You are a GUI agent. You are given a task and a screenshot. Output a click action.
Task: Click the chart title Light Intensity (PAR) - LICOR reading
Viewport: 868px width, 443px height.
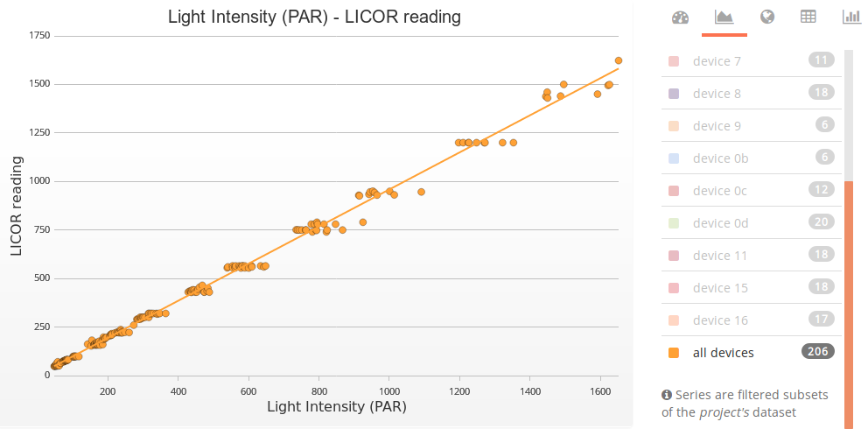click(314, 17)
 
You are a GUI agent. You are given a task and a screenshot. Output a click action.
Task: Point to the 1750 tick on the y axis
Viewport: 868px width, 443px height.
click(38, 36)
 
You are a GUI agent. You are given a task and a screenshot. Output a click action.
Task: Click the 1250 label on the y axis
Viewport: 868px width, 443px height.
click(38, 132)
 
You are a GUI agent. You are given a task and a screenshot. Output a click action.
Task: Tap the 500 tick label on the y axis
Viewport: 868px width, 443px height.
click(41, 278)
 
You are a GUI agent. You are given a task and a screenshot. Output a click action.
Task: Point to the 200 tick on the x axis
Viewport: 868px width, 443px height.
click(108, 391)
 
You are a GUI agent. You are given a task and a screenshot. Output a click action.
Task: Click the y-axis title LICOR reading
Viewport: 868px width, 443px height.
click(17, 206)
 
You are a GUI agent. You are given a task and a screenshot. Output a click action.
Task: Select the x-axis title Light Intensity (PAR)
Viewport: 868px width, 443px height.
click(336, 406)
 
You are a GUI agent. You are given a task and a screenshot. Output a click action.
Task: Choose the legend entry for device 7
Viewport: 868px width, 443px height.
click(717, 61)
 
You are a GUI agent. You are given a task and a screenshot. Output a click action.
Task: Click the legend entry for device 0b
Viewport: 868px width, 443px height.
click(720, 158)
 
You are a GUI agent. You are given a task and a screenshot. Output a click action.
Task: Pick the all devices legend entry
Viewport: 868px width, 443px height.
click(723, 353)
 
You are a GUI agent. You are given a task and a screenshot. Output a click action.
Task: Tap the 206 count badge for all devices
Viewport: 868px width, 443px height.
click(817, 352)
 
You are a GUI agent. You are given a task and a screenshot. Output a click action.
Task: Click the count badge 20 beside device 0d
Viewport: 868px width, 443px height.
click(821, 222)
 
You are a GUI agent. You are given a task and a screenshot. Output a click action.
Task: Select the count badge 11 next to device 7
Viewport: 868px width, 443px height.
click(821, 60)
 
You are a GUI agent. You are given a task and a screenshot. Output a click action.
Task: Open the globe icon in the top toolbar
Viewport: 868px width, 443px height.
click(767, 17)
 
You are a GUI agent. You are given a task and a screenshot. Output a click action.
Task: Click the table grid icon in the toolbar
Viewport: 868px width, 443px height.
click(808, 17)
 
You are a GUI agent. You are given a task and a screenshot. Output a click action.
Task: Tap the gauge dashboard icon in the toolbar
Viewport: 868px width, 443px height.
click(680, 17)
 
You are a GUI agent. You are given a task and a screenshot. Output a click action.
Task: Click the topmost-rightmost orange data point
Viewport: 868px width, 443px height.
click(619, 60)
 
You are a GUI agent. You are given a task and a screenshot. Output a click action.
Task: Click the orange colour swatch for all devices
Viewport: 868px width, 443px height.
click(674, 353)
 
